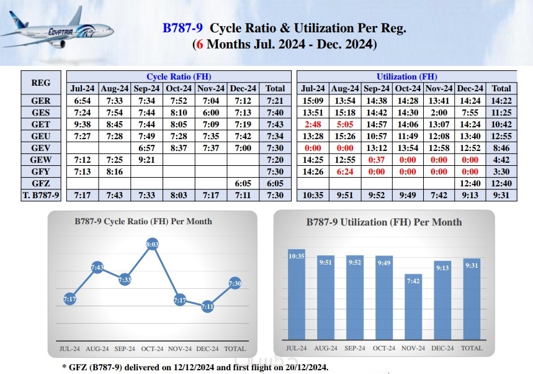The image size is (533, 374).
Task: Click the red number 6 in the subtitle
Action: pyautogui.click(x=199, y=45)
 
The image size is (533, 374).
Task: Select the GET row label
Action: pyautogui.click(x=40, y=124)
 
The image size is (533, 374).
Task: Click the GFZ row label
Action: pyautogui.click(x=40, y=183)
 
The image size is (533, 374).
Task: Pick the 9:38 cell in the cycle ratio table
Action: pyautogui.click(x=83, y=124)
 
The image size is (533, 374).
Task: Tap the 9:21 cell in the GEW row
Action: pyautogui.click(x=147, y=160)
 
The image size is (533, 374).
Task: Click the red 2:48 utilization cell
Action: pyautogui.click(x=313, y=124)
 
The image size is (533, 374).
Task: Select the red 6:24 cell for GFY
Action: pyautogui.click(x=345, y=171)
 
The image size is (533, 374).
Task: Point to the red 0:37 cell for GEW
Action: pyautogui.click(x=376, y=160)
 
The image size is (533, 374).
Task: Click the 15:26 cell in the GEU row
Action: pyautogui.click(x=345, y=136)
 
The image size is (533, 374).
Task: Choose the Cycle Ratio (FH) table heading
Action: pyautogui.click(x=179, y=76)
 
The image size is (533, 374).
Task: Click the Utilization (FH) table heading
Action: pyautogui.click(x=407, y=76)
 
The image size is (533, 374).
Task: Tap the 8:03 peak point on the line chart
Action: pyautogui.click(x=152, y=244)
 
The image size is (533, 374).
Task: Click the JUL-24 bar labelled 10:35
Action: pyautogui.click(x=297, y=294)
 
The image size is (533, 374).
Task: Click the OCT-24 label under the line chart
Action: pyautogui.click(x=152, y=349)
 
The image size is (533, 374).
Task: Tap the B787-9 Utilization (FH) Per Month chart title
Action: pyautogui.click(x=384, y=222)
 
